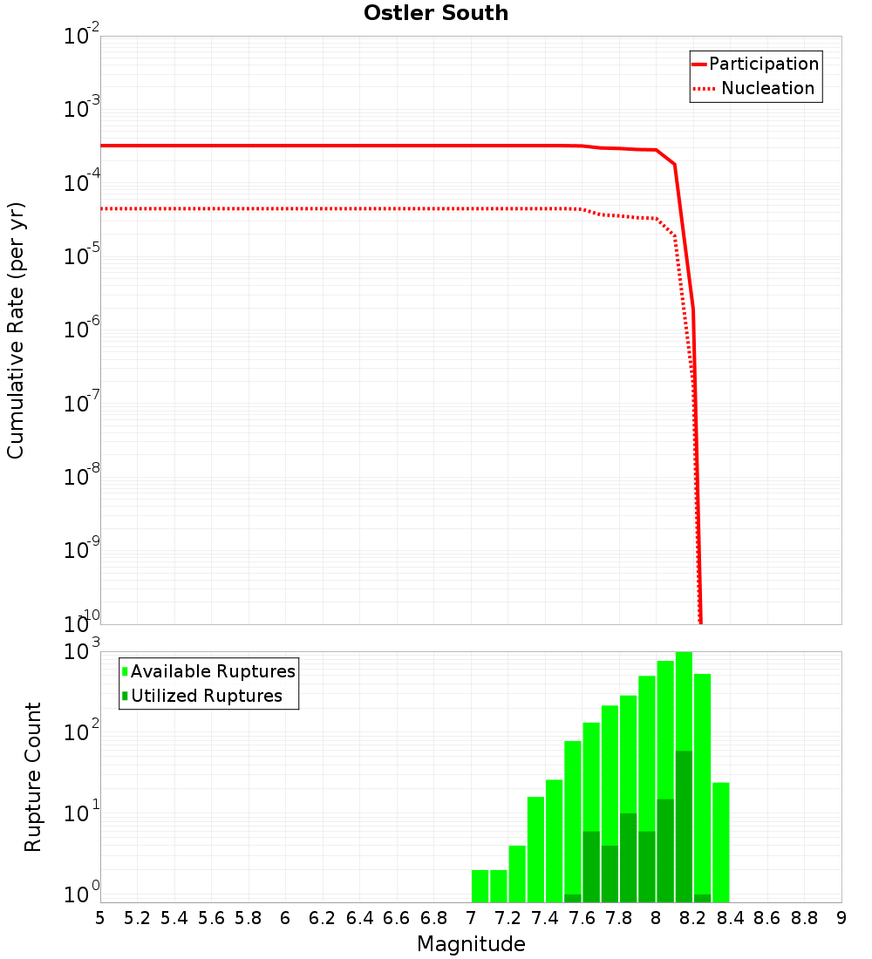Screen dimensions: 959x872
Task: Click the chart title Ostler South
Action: click(435, 13)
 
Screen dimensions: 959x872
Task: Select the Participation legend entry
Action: click(763, 65)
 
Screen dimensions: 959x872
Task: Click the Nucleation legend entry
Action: click(766, 89)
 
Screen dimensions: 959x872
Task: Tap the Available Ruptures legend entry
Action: click(213, 671)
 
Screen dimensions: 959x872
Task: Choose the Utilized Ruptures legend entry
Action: click(206, 696)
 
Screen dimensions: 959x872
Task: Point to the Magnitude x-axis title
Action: click(471, 944)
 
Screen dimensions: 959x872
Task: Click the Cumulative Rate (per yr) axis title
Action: click(16, 330)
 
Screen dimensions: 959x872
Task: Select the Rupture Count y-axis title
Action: click(33, 777)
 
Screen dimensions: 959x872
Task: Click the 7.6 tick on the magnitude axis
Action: click(582, 918)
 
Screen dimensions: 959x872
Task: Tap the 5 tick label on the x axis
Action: click(100, 918)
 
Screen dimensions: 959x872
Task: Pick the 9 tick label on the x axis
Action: click(841, 918)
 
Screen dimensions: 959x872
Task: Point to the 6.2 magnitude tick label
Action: click(323, 918)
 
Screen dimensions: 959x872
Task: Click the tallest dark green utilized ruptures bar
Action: click(684, 824)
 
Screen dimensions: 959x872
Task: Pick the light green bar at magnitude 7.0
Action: click(480, 885)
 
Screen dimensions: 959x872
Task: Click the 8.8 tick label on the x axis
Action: click(804, 918)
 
